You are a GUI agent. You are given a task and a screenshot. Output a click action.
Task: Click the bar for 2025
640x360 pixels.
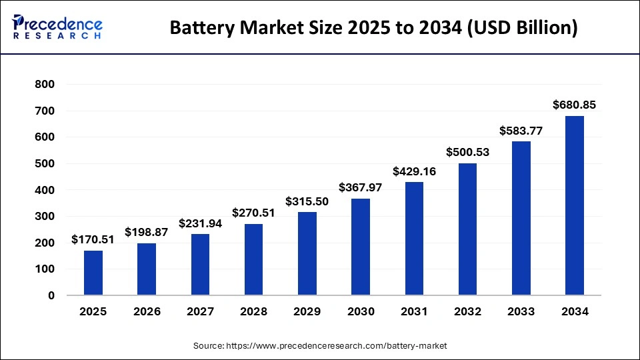coord(93,273)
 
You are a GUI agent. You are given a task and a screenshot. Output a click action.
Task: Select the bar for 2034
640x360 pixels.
coord(574,205)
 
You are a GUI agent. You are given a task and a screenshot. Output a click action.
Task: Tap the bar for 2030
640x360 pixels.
coord(360,247)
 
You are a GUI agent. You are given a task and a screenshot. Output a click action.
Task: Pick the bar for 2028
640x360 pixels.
coord(253,259)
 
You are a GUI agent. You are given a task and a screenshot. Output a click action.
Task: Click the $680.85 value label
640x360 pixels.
coord(574,105)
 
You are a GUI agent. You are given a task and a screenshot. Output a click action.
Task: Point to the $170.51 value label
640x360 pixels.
coord(93,239)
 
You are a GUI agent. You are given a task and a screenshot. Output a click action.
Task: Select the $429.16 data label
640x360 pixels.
coord(414,171)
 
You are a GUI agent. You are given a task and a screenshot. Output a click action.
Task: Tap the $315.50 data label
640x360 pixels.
coord(307,201)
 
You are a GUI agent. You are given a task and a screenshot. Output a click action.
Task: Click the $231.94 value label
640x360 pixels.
coord(200,223)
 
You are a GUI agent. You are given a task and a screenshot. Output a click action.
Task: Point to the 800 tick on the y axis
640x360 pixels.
coord(45,85)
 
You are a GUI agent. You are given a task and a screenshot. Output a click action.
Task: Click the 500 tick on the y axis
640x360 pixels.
coord(45,164)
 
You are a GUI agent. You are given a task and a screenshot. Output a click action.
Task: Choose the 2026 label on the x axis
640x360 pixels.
coord(147,311)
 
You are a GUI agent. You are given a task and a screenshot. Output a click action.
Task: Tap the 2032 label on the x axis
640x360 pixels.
coord(467,311)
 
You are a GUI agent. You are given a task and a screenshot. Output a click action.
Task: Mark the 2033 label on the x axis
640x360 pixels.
coord(521,311)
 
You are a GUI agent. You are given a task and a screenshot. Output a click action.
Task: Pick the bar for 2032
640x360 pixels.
coord(467,229)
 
